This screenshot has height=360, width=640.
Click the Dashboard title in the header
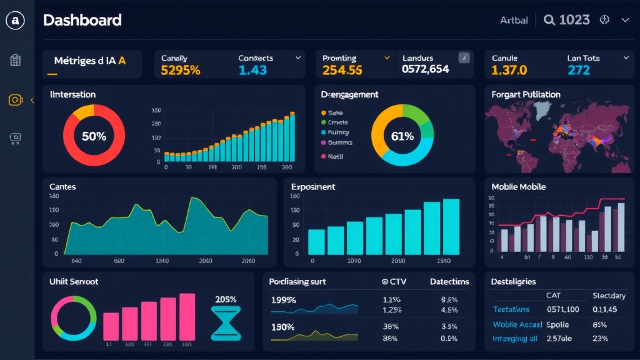pos(82,20)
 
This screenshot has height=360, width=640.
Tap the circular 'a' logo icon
pos(15,21)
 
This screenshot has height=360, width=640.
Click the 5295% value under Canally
pos(181,70)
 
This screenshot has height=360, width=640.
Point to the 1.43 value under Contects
pos(252,70)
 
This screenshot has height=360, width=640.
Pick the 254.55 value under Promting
pos(342,70)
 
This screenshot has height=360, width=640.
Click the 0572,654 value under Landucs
pos(425,69)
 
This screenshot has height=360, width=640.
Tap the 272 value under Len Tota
pos(578,70)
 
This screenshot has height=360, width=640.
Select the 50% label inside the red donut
pos(94,136)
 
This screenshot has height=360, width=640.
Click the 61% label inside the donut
pos(402,136)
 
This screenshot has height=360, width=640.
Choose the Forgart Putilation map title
pos(526,94)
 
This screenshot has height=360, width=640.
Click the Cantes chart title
pos(62,187)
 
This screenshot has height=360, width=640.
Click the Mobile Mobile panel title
pos(518,187)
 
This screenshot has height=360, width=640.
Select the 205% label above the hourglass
pos(225,299)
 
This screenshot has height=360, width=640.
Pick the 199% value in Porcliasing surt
pos(283,299)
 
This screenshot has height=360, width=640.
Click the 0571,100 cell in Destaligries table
pos(562,309)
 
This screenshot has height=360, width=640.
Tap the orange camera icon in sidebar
pos(16,100)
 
